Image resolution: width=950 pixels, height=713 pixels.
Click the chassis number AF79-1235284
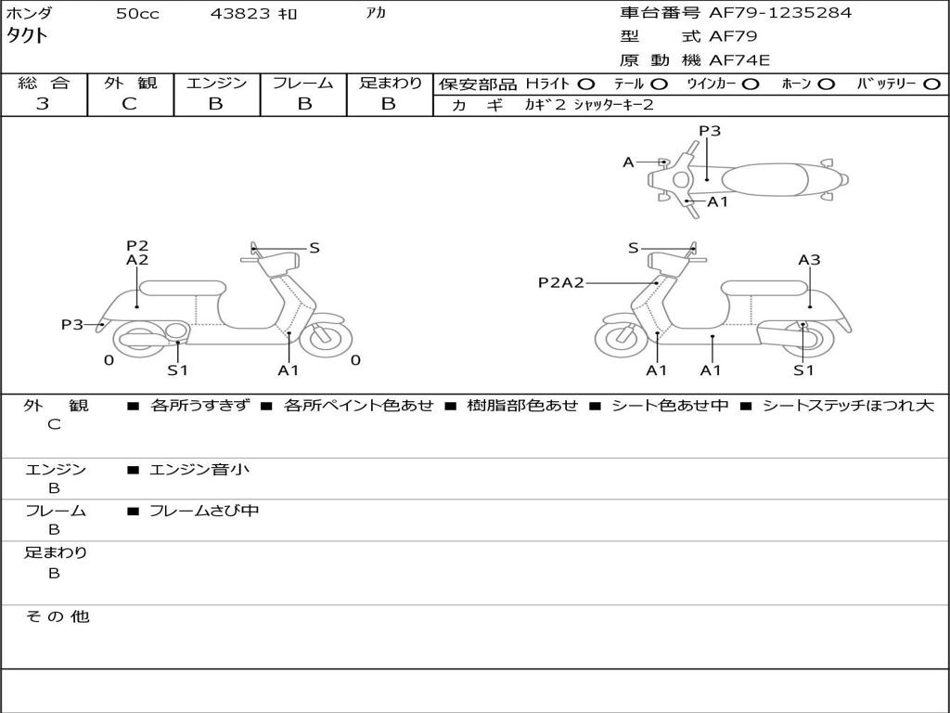780,12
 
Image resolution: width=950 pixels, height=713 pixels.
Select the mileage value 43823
240,13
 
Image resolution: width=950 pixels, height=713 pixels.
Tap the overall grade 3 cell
43,104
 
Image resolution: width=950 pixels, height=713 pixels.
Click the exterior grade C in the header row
130,104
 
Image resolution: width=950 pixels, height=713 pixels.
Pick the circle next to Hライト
586,84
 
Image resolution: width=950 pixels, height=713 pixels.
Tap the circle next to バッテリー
931,84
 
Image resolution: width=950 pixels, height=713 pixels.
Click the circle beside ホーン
826,84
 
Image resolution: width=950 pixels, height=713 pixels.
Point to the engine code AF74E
739,60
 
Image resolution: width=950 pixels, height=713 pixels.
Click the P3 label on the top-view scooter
710,130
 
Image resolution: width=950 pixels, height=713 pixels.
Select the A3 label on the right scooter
809,260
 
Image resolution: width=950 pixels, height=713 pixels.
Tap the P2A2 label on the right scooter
561,282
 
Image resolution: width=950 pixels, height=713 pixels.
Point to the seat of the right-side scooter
764,289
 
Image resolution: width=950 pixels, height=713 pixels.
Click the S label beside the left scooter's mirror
314,248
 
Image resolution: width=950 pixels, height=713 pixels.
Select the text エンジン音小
199,469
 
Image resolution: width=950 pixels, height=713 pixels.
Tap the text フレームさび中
204,511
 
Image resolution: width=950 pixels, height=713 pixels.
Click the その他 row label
57,616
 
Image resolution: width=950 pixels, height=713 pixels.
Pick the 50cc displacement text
137,13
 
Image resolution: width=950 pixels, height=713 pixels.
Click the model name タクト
27,36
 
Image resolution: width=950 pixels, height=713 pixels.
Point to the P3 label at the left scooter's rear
71,324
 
